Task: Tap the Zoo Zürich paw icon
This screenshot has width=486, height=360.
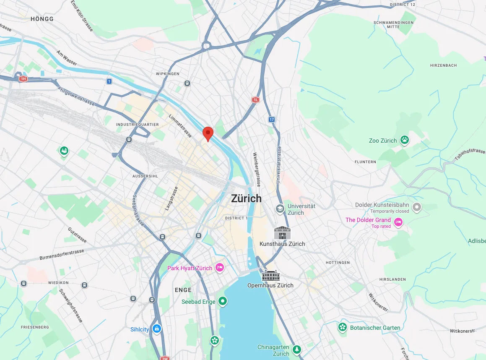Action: click(404, 140)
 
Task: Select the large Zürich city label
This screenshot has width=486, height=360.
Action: click(246, 198)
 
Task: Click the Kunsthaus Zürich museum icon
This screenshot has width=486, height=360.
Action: click(282, 233)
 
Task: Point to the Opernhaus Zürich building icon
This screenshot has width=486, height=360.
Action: click(270, 276)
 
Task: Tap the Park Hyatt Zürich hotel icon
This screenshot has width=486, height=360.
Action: click(219, 268)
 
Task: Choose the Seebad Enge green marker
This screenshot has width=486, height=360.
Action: click(223, 301)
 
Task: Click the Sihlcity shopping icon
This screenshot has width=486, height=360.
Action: click(156, 329)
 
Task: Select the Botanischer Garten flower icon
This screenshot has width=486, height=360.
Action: click(343, 327)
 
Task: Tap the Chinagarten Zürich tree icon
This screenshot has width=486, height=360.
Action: click(297, 349)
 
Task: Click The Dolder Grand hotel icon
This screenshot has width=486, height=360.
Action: click(398, 222)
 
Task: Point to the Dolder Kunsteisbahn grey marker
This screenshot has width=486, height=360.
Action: click(416, 207)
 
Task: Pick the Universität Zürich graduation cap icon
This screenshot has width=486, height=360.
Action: click(280, 209)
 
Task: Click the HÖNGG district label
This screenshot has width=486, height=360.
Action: click(42, 19)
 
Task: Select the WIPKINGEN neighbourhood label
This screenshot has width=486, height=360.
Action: click(167, 74)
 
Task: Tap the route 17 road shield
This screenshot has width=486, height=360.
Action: click(272, 120)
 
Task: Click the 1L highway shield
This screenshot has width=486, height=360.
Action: click(255, 99)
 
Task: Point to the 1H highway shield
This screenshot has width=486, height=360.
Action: click(23, 78)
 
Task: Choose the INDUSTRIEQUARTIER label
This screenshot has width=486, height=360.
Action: click(138, 125)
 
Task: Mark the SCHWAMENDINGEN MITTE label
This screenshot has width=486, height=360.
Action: click(394, 24)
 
